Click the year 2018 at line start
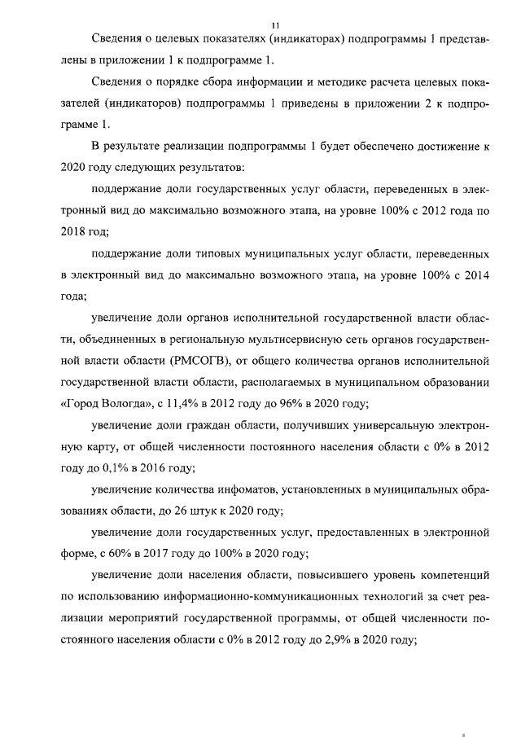pos(74,232)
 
